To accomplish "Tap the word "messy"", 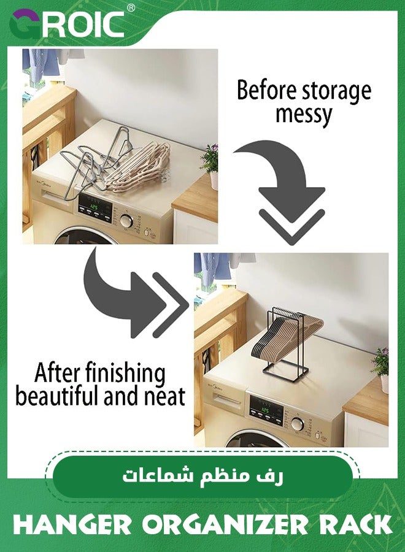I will point(304,114).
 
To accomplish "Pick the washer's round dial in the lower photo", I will point(298,423).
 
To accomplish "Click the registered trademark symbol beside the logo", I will point(130,8).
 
